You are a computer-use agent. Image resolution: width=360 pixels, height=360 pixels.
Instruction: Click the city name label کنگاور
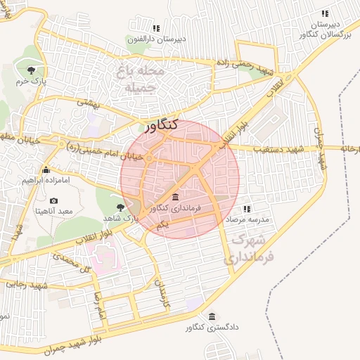pos(162,127)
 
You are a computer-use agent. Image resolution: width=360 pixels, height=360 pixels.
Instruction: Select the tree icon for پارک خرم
pos(31,70)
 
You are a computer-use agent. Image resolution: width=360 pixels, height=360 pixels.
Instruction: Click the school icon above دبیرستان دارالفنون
pos(156,29)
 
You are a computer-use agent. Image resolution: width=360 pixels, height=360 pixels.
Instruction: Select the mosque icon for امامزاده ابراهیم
pos(46,169)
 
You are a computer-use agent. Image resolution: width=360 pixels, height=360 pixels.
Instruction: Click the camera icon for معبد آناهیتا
pos(53,201)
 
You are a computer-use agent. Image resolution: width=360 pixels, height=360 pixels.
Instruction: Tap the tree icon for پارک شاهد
pos(120,207)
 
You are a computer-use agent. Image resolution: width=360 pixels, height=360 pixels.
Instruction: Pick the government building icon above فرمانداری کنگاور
pos(175,197)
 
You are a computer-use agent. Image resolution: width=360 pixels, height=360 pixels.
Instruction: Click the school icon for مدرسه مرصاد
pos(247,209)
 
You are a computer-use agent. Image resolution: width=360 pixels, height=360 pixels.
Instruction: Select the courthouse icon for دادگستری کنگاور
pos(212,316)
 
